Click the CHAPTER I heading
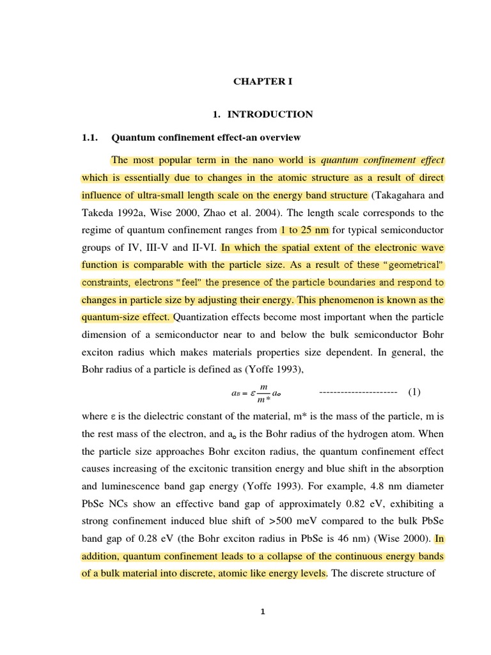262,81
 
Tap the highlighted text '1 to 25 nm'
304,230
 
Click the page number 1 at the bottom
262,612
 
